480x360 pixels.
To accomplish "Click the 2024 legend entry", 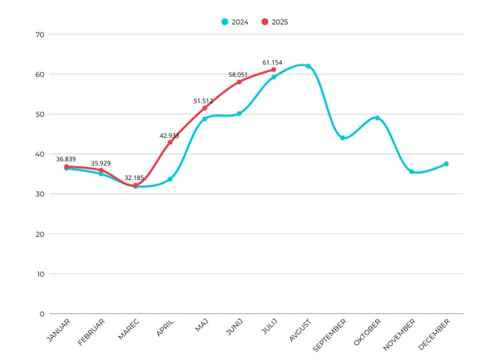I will tap(234, 22).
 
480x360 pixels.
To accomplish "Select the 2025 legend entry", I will tap(275, 22).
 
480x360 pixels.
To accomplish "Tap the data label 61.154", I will tap(272, 62).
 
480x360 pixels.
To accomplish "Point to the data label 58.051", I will tap(239, 74).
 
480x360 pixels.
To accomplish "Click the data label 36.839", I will tap(66, 160).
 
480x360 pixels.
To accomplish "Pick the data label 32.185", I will tap(136, 178).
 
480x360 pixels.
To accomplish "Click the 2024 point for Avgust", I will tap(308, 66).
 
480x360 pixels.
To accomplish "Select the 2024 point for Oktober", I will tap(377, 118).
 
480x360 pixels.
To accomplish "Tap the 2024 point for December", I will tap(446, 164).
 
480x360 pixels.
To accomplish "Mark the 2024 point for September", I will tap(342, 138).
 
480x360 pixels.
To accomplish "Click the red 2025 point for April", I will tap(170, 142).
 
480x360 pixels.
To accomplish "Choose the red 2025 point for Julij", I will tap(273, 69).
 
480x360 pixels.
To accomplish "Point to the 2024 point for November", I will tap(412, 172).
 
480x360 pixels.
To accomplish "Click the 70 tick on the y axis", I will tap(40, 35).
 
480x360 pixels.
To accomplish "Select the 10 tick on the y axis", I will tap(40, 274).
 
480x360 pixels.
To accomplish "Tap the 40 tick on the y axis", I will tap(40, 154).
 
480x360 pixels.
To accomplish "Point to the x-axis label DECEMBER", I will tap(433, 333).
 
